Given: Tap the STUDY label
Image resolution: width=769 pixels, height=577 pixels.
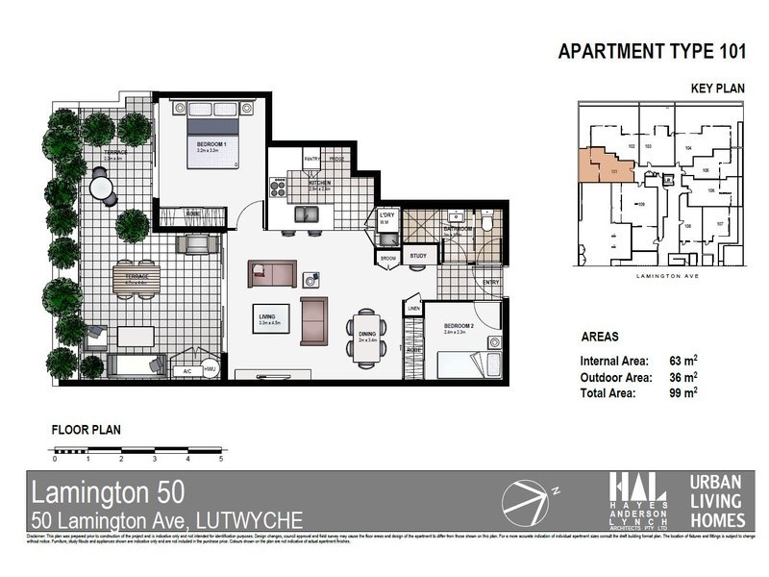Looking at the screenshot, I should (418, 256).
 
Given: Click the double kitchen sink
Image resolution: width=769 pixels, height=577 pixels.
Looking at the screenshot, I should (307, 217).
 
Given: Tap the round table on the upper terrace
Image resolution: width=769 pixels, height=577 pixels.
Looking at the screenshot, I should (100, 184).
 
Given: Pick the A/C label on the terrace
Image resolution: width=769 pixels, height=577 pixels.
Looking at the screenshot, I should (188, 370).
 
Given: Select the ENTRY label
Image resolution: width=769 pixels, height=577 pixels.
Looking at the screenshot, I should (491, 283).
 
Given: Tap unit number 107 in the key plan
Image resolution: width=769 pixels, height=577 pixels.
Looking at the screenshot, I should (720, 224).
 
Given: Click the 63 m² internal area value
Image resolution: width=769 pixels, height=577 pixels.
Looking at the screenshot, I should (685, 361).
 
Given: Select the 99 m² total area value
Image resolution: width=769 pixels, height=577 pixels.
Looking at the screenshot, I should (685, 392).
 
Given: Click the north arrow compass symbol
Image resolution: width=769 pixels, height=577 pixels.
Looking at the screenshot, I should (526, 502).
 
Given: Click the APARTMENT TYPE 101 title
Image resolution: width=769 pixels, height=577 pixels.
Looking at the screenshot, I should (652, 52).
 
